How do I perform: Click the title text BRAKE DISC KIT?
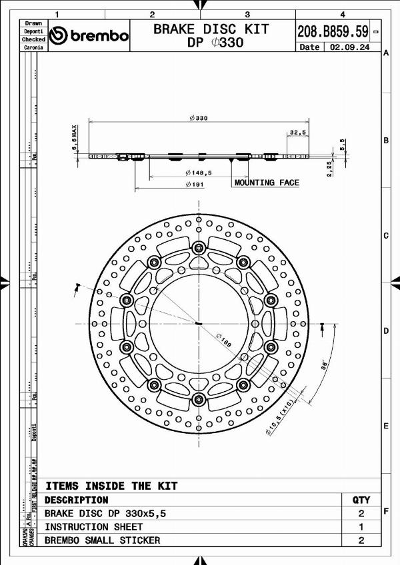pos(211,29)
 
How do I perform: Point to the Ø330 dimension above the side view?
pos(198,118)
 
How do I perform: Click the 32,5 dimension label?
pos(297,133)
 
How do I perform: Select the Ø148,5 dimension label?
pos(199,173)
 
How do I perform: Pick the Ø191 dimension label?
pos(195,185)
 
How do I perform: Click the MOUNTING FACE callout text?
pos(267,183)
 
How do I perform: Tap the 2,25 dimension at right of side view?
pos(329,168)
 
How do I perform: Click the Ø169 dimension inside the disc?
pos(223,340)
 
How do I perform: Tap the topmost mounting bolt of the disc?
pos(198,249)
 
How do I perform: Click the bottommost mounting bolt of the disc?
pos(198,399)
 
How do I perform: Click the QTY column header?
pos(361,500)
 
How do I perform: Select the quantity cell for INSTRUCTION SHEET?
pos(361,526)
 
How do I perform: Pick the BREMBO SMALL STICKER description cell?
pos(102,540)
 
